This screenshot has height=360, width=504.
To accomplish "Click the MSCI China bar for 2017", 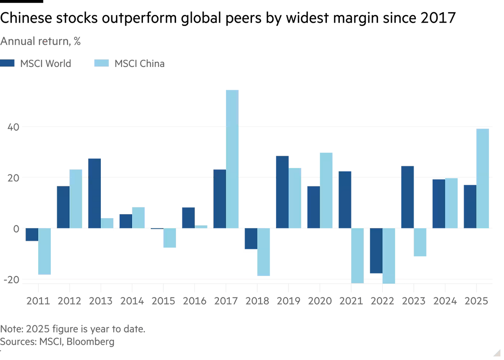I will click(x=232, y=159).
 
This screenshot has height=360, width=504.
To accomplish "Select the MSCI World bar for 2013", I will click(x=94, y=193).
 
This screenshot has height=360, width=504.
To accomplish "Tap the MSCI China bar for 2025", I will click(x=482, y=178).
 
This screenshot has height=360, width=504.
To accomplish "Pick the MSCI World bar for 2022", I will click(x=375, y=251).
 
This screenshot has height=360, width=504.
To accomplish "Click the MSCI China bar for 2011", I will click(x=44, y=252).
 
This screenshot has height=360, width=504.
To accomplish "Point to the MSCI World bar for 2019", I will click(x=282, y=192).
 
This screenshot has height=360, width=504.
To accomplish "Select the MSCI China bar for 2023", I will click(x=420, y=243).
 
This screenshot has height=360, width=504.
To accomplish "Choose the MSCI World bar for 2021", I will click(x=345, y=199).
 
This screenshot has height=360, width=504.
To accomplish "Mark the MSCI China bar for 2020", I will click(x=326, y=190).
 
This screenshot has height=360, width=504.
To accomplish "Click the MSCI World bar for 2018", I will click(x=250, y=239).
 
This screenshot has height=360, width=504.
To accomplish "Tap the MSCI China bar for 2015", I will click(x=170, y=238).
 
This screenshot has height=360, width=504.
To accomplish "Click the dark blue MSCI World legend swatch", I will click(x=7, y=63).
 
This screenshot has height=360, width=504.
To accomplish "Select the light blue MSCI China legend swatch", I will click(x=101, y=63).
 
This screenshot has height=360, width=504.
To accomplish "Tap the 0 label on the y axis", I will click(x=16, y=229).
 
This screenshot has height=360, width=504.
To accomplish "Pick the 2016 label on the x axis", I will click(x=194, y=301).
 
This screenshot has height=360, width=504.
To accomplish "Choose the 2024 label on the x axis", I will click(x=445, y=301).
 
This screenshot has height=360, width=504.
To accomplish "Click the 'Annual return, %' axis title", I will click(x=41, y=41).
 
